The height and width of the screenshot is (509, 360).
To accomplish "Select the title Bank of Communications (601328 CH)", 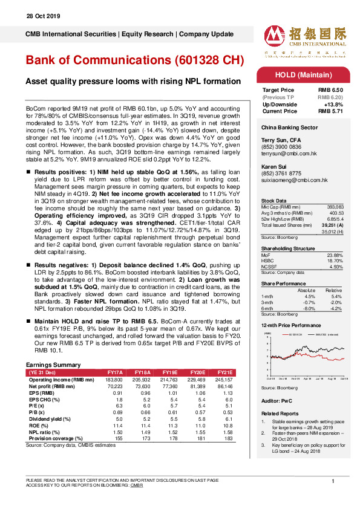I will [134, 61].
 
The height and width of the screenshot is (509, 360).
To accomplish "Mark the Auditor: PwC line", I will [274, 401].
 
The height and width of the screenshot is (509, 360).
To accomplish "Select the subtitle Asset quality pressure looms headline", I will [133, 82].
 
